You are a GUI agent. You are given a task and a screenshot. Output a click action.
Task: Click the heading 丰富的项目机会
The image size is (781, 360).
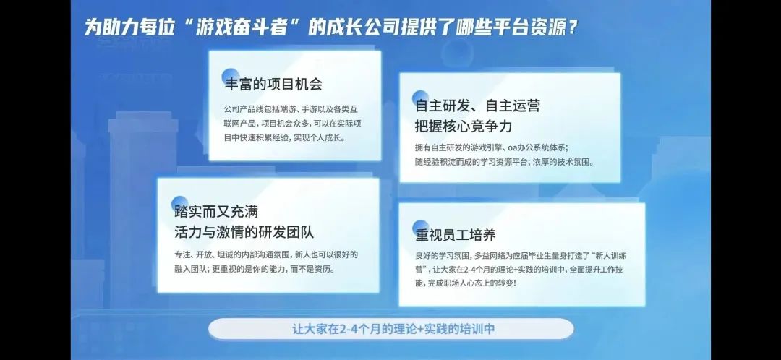(x=273, y=84)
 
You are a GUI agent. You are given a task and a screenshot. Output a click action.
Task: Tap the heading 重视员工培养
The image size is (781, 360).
(x=456, y=235)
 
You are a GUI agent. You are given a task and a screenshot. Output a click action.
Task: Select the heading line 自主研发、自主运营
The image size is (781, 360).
(x=478, y=106)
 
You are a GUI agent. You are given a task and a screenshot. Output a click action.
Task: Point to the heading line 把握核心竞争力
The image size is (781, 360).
(x=464, y=126)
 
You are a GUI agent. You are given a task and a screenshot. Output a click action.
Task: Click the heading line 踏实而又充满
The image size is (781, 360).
(x=217, y=212)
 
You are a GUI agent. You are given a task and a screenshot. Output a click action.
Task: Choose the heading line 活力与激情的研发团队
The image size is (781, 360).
(x=244, y=233)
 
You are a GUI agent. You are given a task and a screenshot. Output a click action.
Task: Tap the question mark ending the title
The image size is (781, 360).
(x=573, y=27)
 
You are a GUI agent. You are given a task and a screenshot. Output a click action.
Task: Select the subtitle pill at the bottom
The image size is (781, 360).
(x=390, y=329)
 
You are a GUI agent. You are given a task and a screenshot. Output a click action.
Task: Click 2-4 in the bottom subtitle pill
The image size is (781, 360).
(x=348, y=329)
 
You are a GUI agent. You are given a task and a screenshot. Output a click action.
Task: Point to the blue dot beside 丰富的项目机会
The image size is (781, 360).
(x=229, y=76)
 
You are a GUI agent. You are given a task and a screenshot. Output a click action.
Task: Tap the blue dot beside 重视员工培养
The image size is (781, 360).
(x=420, y=227)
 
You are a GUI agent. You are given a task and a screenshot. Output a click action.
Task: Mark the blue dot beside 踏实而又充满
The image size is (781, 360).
(x=179, y=204)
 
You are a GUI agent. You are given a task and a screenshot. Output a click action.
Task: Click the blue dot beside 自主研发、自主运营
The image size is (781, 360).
(x=420, y=98)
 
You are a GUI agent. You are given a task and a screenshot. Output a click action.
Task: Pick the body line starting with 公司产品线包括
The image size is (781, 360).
(x=291, y=109)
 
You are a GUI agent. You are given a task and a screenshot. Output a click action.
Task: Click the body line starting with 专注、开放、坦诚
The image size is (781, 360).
(x=266, y=255)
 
